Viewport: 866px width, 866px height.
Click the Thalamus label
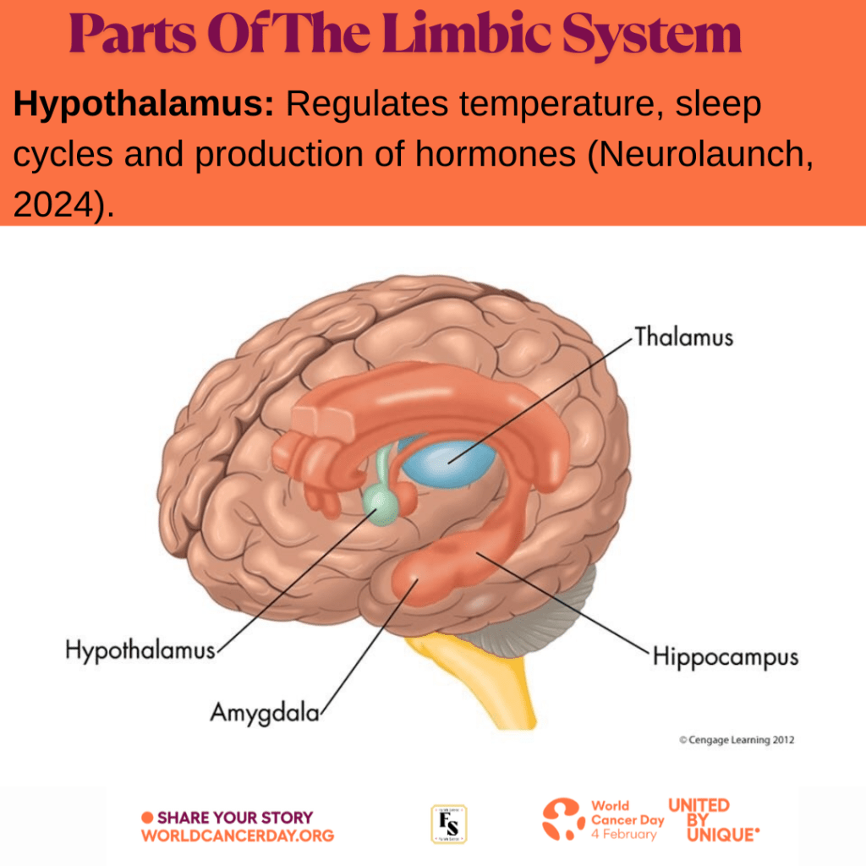683,337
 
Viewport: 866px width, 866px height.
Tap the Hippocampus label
725,657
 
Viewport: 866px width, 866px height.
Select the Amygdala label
265,712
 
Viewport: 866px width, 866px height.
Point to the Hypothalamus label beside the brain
140,651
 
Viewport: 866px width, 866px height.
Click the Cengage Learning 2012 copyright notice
737,740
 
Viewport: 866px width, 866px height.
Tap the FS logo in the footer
449,824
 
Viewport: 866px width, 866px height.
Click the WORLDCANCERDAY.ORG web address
238,836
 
